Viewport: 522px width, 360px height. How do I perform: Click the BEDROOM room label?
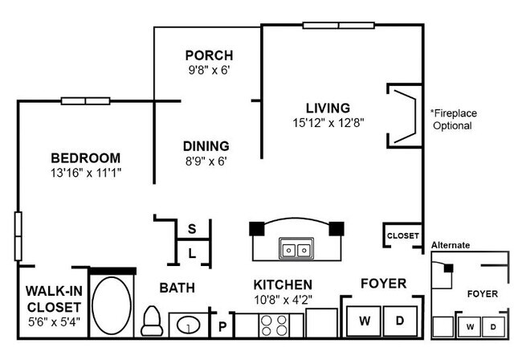[85, 157]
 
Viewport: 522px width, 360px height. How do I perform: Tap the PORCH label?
[209, 55]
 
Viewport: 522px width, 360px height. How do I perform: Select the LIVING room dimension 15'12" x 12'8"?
[328, 123]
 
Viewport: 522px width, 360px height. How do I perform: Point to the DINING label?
[206, 146]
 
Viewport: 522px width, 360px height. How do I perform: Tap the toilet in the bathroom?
[152, 321]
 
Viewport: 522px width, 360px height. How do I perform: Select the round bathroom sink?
[188, 326]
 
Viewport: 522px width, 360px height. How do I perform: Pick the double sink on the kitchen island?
[295, 248]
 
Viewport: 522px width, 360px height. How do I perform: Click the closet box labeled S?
[193, 228]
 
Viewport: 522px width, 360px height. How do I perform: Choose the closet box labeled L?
[193, 253]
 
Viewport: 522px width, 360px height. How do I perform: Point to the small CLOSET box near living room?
[402, 236]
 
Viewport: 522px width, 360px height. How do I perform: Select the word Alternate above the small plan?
[451, 245]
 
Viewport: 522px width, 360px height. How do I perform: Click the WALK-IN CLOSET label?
[52, 298]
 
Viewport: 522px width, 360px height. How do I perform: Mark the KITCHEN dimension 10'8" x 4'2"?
[283, 300]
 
